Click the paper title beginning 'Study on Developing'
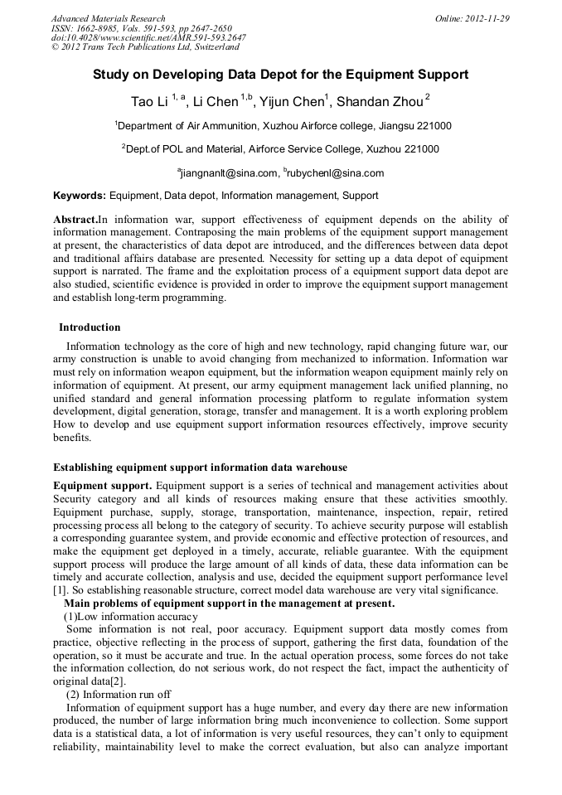tap(280, 75)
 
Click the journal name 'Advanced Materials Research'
tap(109, 18)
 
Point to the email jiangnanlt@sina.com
tap(228, 173)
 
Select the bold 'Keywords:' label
tap(80, 196)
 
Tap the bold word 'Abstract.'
tap(75, 220)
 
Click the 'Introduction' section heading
tap(90, 327)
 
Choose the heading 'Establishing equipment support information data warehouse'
tap(200, 468)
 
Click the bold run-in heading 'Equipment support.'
tap(102, 485)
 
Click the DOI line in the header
tap(148, 37)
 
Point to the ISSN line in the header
tap(142, 28)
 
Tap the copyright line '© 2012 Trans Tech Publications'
tap(145, 47)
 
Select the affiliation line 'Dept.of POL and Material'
tap(280, 149)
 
